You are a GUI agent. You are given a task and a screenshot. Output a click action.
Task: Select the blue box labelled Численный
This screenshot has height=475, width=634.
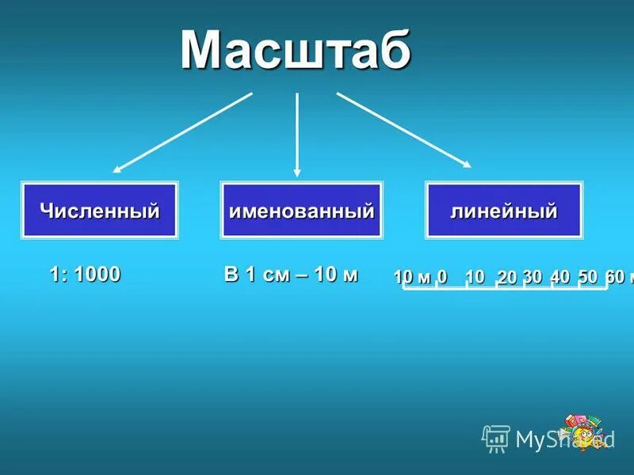100,211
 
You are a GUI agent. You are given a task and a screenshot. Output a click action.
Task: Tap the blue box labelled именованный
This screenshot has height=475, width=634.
301,211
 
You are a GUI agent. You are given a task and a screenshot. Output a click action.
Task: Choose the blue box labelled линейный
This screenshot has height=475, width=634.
504,211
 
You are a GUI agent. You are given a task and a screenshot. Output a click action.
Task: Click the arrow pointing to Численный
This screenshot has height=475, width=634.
182,132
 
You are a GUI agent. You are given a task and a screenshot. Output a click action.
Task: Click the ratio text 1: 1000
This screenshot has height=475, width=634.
85,275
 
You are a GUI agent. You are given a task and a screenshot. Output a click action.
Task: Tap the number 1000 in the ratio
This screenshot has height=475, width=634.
98,275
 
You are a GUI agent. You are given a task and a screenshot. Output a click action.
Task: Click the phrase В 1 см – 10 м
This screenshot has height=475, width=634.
291,275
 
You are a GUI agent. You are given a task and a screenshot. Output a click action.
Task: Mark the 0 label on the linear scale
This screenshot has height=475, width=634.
442,276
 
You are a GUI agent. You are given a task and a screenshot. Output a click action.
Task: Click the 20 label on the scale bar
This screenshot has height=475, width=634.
507,277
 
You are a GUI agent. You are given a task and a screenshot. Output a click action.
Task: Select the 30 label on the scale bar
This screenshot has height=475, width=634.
533,276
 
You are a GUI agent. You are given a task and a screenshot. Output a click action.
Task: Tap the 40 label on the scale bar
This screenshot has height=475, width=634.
560,276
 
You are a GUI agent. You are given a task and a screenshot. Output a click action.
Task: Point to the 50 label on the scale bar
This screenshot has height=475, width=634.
587,276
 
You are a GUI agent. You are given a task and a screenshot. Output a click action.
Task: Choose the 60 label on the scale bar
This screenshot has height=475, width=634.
614,276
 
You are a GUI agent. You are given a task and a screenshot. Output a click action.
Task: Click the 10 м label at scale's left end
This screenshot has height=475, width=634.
412,276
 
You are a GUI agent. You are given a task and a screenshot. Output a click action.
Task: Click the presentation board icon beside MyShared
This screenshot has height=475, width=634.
496,438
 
